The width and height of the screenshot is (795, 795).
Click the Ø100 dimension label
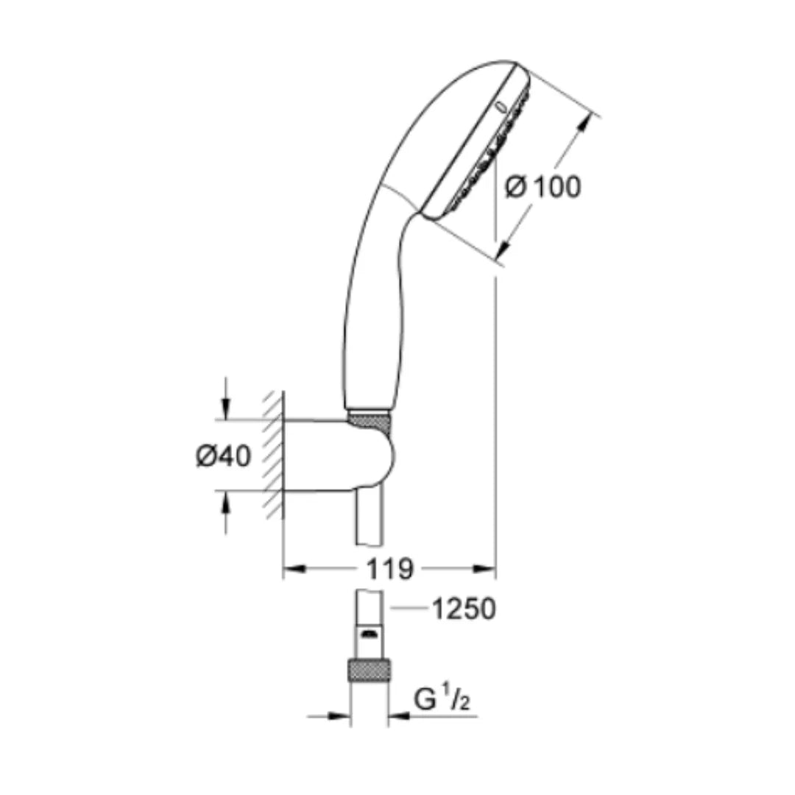(x=543, y=187)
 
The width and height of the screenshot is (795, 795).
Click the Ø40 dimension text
(x=223, y=456)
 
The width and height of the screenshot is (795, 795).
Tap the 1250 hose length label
(x=463, y=609)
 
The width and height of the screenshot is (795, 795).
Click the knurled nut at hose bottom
(x=370, y=671)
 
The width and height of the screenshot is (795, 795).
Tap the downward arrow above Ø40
(x=226, y=408)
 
